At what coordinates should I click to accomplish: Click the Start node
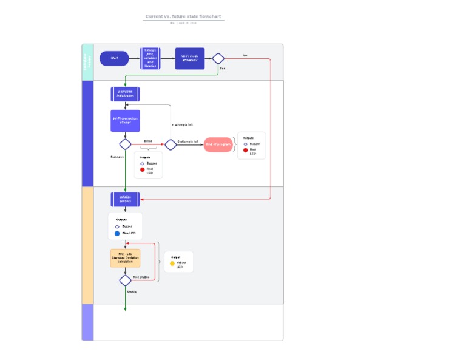(114, 58)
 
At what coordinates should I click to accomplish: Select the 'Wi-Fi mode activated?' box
(190, 59)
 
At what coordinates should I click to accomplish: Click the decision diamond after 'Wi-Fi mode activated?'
(218, 58)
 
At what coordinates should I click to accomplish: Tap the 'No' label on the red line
(245, 55)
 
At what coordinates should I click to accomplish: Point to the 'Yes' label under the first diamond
(222, 69)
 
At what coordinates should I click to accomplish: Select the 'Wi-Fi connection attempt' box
(126, 120)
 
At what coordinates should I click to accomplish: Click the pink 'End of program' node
(218, 144)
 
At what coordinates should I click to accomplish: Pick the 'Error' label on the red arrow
(148, 141)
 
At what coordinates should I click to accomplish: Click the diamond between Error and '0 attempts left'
(171, 144)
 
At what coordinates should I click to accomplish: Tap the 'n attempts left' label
(182, 124)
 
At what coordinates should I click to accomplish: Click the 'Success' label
(117, 157)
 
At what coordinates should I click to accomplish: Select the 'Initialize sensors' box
(126, 199)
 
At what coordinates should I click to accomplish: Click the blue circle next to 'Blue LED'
(117, 233)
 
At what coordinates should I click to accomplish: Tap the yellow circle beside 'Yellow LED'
(172, 263)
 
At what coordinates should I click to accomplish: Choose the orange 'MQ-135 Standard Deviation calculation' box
(126, 258)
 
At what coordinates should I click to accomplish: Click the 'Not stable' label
(141, 277)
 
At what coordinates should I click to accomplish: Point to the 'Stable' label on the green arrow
(132, 292)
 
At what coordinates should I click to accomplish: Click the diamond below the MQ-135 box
(126, 280)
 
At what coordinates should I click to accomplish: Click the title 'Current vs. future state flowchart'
(183, 16)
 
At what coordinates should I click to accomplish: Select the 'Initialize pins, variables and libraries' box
(150, 59)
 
